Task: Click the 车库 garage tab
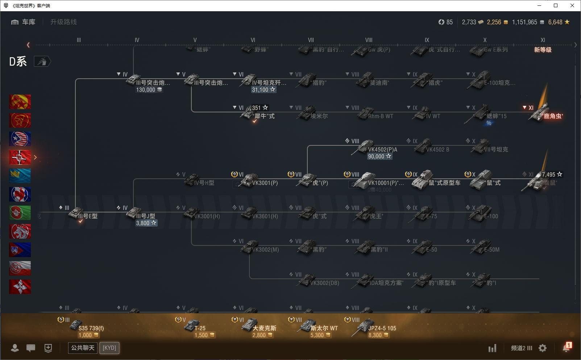tap(24, 22)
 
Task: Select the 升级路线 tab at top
tap(63, 22)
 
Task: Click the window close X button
tap(572, 5)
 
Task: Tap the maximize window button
tap(556, 5)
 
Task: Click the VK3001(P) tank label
tap(265, 183)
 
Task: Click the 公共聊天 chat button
tap(83, 348)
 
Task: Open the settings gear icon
tap(543, 348)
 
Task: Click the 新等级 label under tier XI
tap(543, 50)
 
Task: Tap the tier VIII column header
tap(369, 40)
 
